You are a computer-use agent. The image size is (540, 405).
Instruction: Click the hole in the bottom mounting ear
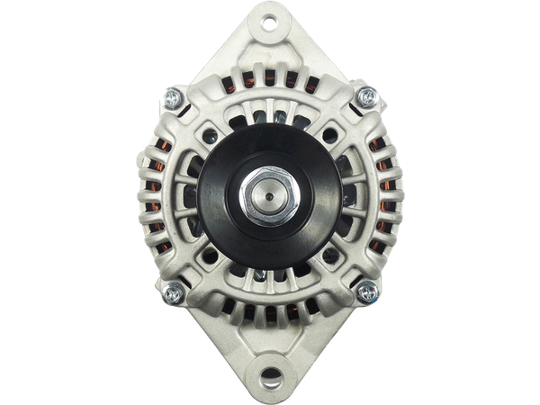point(269,372)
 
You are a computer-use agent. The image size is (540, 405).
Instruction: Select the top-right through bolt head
point(365,95)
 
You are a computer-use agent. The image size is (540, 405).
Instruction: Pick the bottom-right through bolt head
point(367,290)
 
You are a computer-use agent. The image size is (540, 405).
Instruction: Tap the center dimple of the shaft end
point(269,192)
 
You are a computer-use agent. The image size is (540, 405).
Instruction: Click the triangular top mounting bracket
point(269,45)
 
